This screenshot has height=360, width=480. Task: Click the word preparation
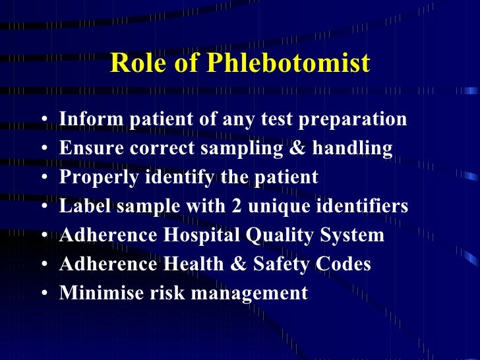[356, 120]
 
